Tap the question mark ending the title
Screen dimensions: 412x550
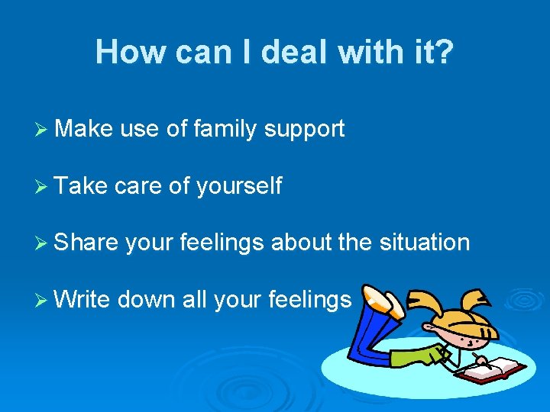point(444,53)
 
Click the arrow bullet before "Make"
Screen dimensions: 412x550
point(41,130)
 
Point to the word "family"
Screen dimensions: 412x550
point(226,130)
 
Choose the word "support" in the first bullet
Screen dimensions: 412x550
point(305,130)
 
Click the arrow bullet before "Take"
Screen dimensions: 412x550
point(41,186)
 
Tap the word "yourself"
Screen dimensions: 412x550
point(239,186)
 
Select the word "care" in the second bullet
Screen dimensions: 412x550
point(141,186)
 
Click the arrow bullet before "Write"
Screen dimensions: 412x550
point(41,299)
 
